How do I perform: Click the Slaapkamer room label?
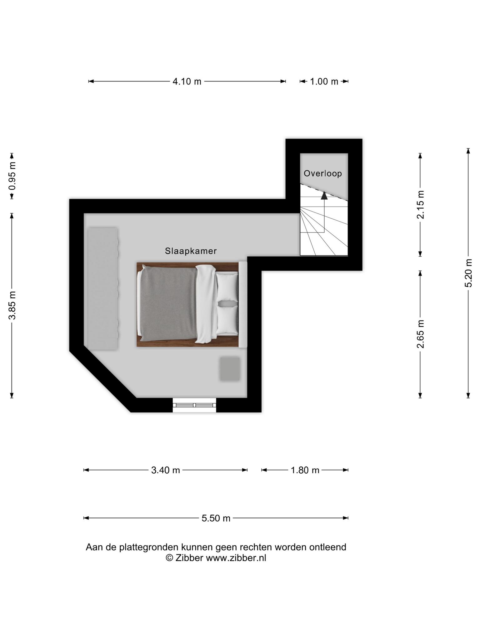click(x=191, y=251)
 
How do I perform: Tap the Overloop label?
click(x=323, y=173)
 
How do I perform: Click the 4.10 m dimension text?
click(x=187, y=81)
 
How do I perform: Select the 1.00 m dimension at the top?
click(x=324, y=81)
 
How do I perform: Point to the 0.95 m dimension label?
click(x=12, y=176)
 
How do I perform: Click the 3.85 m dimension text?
click(x=12, y=305)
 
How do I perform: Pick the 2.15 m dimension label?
click(x=421, y=205)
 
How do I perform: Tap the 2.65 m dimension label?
click(x=421, y=334)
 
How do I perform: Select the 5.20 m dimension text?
click(x=468, y=273)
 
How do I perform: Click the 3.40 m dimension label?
click(x=166, y=470)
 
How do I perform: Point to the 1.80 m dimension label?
click(x=305, y=470)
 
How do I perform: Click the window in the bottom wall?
click(x=194, y=405)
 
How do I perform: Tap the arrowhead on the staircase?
click(x=324, y=196)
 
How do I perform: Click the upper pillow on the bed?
click(x=227, y=287)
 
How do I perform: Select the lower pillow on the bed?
click(x=227, y=320)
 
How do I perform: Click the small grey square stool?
click(x=230, y=369)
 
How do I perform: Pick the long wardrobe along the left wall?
click(x=103, y=289)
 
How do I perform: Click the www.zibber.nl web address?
click(x=236, y=558)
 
